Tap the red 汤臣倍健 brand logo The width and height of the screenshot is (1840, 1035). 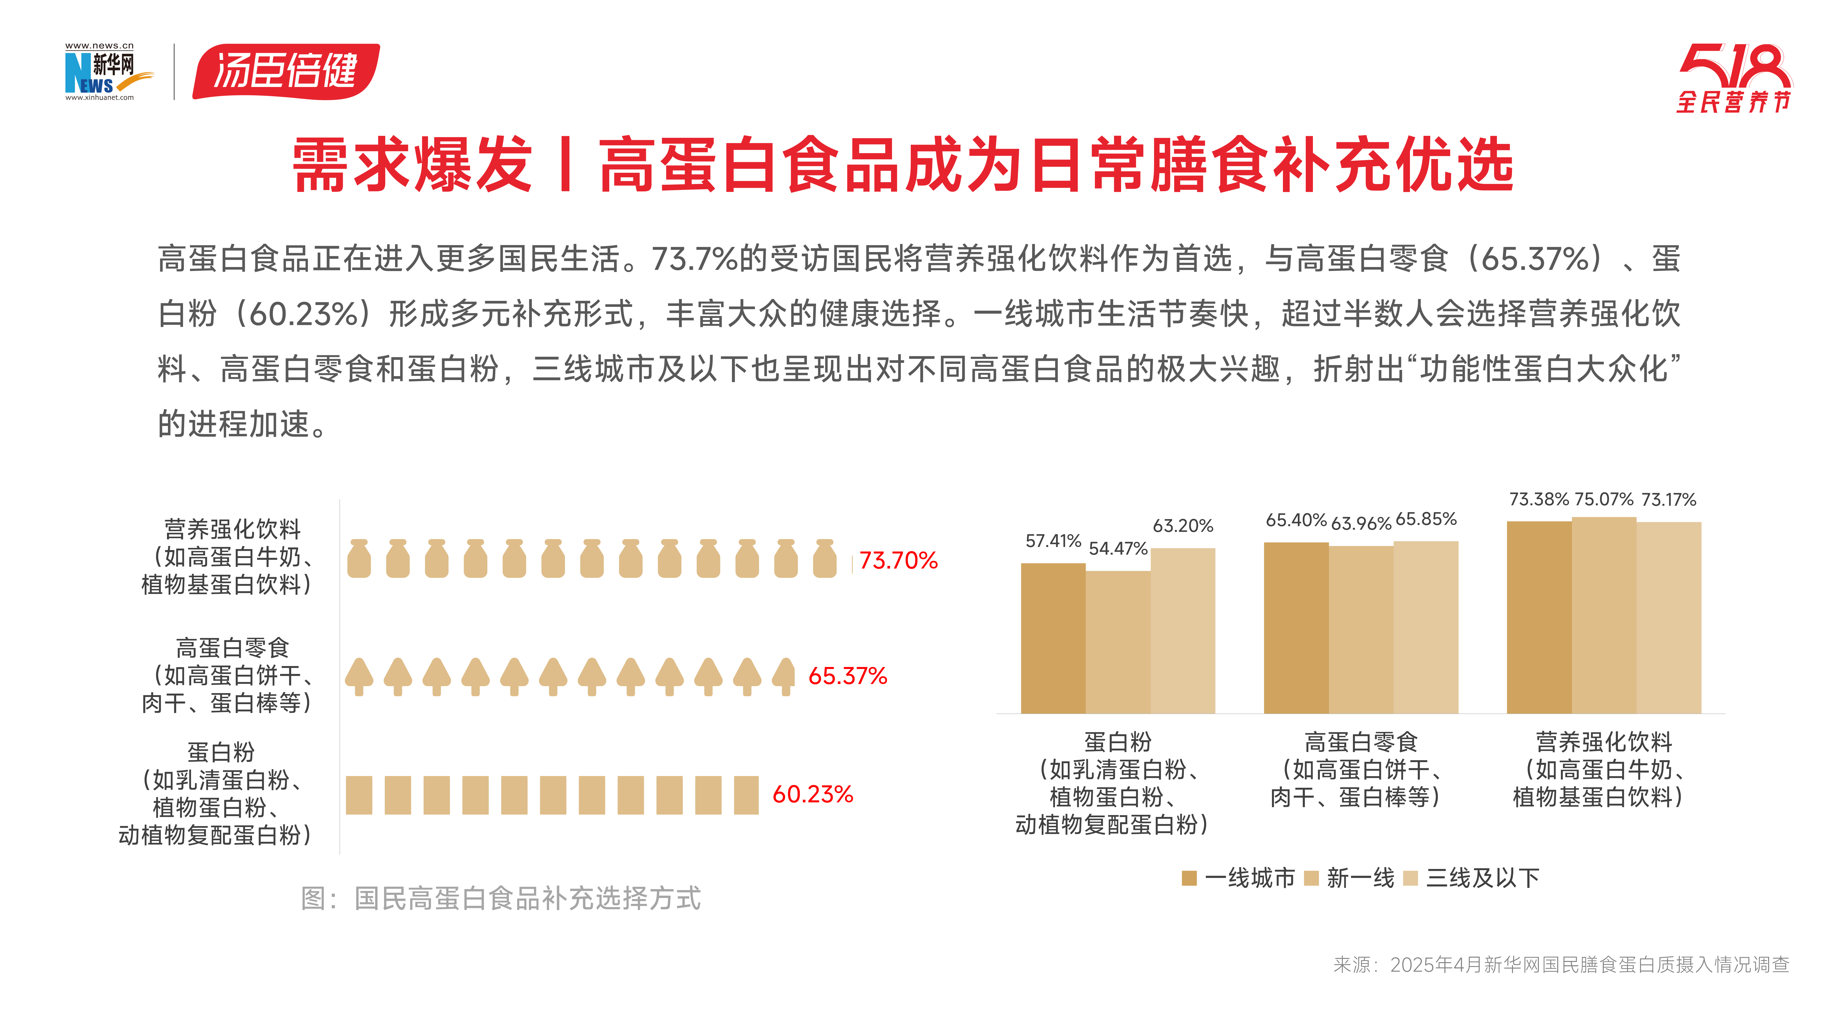(x=286, y=71)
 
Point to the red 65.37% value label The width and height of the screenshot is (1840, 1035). (x=847, y=676)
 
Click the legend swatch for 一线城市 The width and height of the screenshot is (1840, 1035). (x=1189, y=878)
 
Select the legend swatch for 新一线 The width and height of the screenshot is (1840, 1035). (x=1311, y=878)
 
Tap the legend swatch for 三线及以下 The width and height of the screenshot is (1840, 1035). (x=1410, y=878)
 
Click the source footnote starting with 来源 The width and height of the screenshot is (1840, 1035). (x=1561, y=965)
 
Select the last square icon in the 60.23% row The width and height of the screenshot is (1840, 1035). (x=746, y=795)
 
